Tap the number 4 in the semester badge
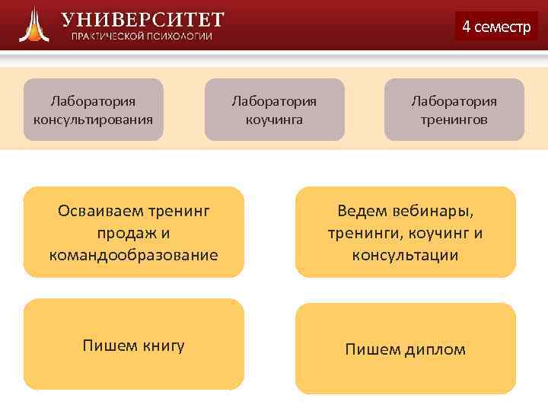tap(466, 27)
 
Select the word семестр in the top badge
tap(502, 27)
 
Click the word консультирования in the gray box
tap(93, 119)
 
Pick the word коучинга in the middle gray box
tap(274, 119)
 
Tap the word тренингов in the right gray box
tap(454, 119)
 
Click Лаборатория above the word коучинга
tap(274, 100)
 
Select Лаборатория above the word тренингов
tap(454, 100)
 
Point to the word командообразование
tap(133, 254)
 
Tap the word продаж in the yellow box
tap(124, 232)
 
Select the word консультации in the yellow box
tap(405, 254)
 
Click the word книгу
tap(163, 346)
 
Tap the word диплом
tap(435, 349)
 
